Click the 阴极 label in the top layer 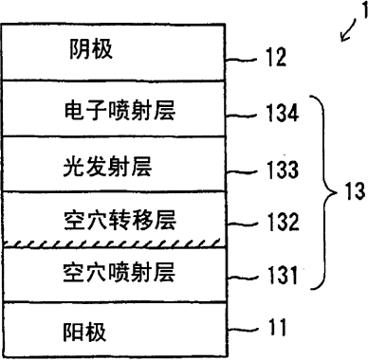pyautogui.click(x=91, y=49)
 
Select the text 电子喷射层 pyautogui.click(x=120, y=111)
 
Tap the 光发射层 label pyautogui.click(x=107, y=167)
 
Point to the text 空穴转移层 pyautogui.click(x=120, y=220)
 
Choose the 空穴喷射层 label pyautogui.click(x=119, y=272)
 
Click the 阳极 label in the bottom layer pyautogui.click(x=84, y=332)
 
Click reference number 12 pyautogui.click(x=276, y=58)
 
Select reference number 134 pyautogui.click(x=283, y=113)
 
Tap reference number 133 pyautogui.click(x=283, y=170)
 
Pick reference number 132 pyautogui.click(x=283, y=222)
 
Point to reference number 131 pyautogui.click(x=283, y=275)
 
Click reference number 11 pyautogui.click(x=277, y=327)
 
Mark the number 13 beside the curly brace pyautogui.click(x=355, y=191)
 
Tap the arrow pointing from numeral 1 pyautogui.click(x=348, y=30)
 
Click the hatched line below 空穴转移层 pyautogui.click(x=112, y=243)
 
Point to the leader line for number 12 pyautogui.click(x=243, y=59)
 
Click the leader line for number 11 pyautogui.click(x=243, y=330)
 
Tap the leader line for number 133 pyautogui.click(x=243, y=172)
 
